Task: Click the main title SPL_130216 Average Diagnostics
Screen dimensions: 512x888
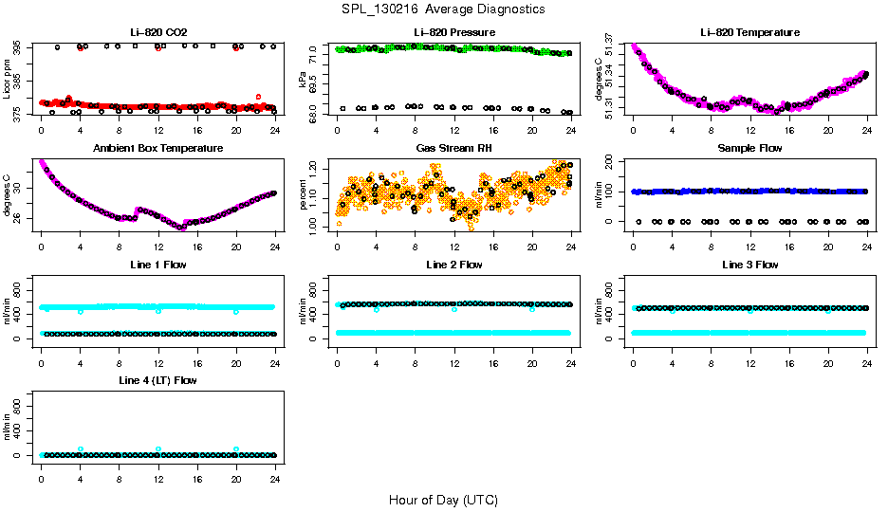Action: click(x=444, y=9)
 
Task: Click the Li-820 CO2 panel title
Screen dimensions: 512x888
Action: click(x=158, y=32)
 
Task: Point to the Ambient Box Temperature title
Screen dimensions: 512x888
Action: click(x=158, y=148)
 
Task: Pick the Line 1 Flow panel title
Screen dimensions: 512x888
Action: click(x=158, y=265)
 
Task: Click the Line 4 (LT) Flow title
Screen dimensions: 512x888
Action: click(x=158, y=380)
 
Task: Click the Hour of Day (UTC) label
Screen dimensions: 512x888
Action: click(x=443, y=499)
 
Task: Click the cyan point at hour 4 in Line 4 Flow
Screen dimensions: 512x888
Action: click(x=81, y=449)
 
